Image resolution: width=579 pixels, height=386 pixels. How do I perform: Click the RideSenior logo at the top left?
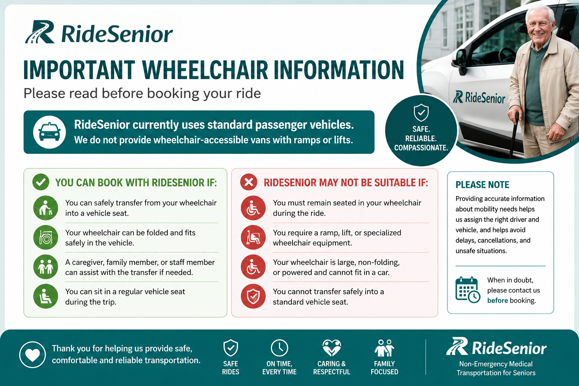[x=99, y=32]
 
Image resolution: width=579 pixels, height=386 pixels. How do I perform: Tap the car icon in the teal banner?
[x=49, y=132]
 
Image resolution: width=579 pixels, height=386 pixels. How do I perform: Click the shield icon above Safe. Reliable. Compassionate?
[x=421, y=112]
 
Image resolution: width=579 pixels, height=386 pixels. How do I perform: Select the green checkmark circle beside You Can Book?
[x=41, y=182]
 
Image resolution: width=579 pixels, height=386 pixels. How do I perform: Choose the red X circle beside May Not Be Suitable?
[x=249, y=182]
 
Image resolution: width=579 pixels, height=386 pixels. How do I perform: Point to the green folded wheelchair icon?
[x=46, y=237]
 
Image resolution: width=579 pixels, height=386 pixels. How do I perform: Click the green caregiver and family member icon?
[x=46, y=267]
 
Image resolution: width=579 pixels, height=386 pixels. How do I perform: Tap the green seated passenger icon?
[x=46, y=296]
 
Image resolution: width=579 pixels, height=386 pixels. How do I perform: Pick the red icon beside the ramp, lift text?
[x=253, y=237]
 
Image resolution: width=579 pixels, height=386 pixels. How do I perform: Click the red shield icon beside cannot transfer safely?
[x=253, y=296]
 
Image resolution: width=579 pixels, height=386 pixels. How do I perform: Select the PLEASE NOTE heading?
[x=482, y=185]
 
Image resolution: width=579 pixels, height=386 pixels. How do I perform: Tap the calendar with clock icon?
[x=467, y=290]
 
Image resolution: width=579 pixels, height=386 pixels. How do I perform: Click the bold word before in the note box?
[x=498, y=300]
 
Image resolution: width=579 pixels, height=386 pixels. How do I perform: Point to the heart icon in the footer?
[x=32, y=354]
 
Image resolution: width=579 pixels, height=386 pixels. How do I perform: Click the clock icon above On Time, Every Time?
[x=279, y=348]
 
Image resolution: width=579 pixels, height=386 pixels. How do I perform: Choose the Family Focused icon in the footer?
[x=384, y=348]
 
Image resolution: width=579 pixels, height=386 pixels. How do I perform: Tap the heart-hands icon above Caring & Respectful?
[x=332, y=348]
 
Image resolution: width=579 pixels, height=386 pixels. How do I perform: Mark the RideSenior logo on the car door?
[x=479, y=98]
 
